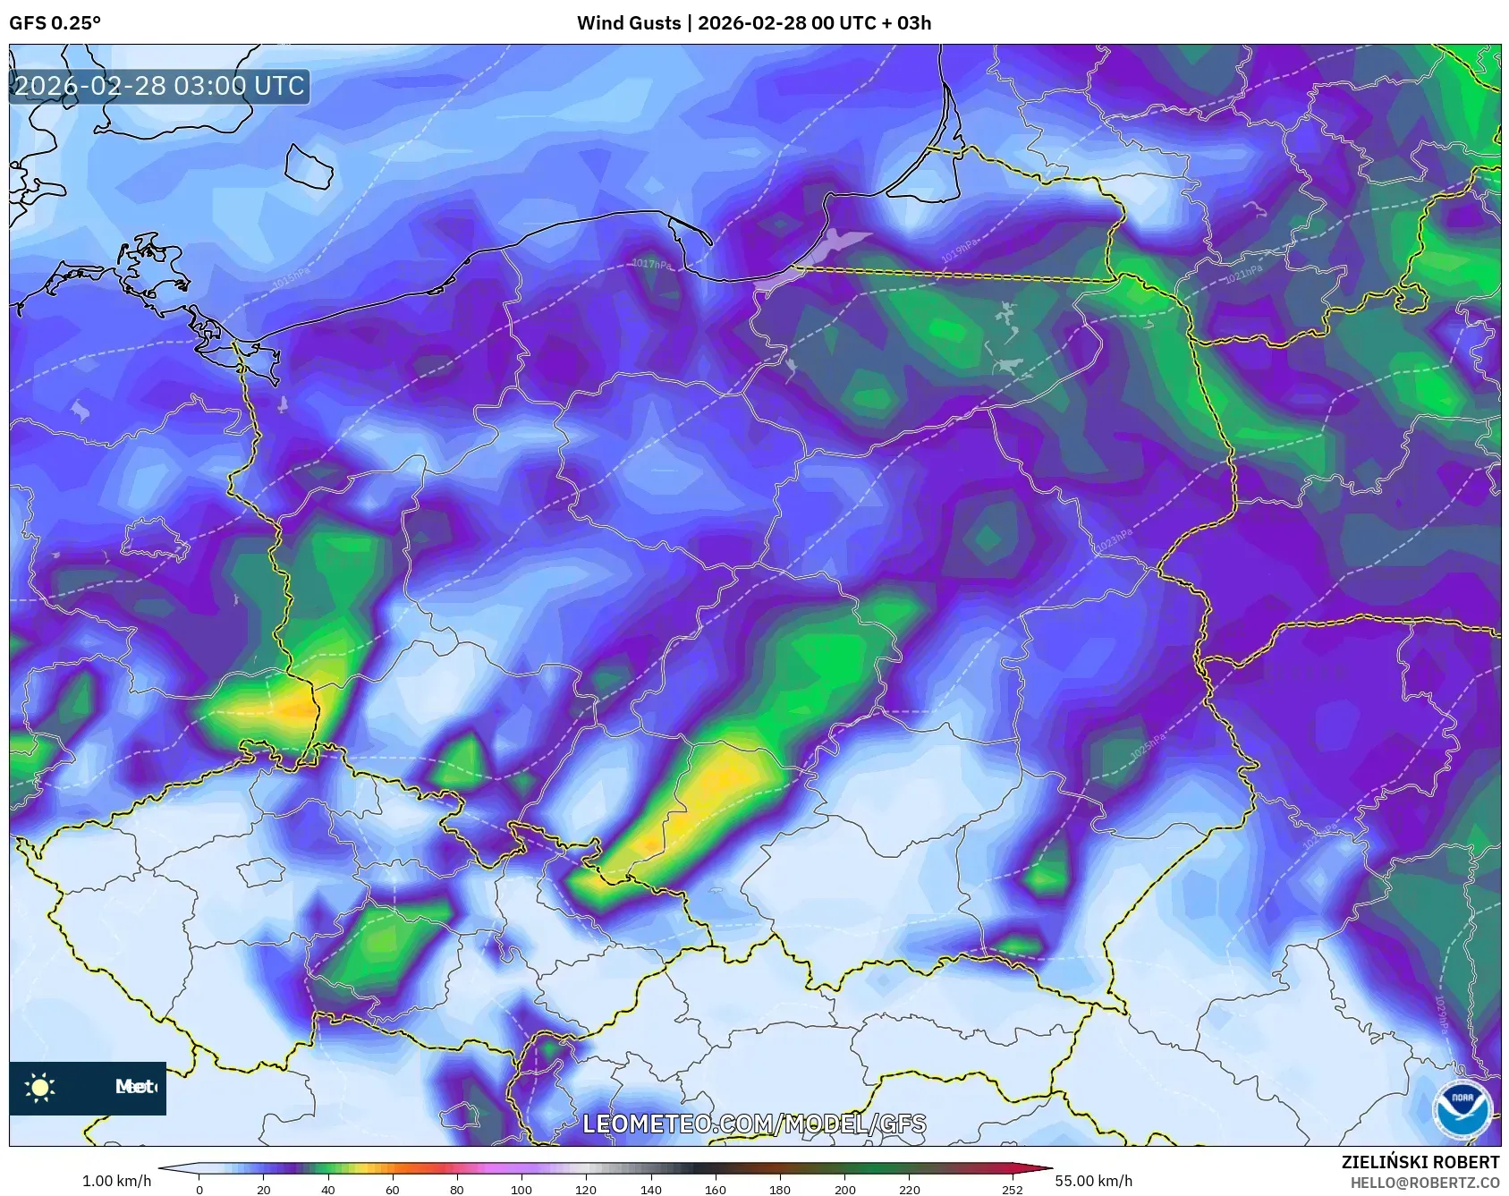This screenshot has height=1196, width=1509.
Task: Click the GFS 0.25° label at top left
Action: [x=55, y=23]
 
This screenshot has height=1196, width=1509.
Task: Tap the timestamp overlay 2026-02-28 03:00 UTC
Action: [x=159, y=86]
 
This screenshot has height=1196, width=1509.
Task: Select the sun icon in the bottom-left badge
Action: [x=40, y=1088]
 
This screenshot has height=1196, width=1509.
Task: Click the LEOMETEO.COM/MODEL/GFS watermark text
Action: [x=754, y=1124]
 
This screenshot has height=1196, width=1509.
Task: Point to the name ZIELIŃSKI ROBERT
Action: [x=1420, y=1162]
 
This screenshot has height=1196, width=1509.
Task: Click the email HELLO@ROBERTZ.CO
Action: [x=1424, y=1183]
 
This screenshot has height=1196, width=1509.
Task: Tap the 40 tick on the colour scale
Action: [x=328, y=1189]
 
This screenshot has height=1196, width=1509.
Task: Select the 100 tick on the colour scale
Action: [x=521, y=1189]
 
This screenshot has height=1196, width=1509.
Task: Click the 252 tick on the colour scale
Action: [x=1012, y=1189]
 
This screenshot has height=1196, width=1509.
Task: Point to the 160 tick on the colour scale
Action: [x=716, y=1189]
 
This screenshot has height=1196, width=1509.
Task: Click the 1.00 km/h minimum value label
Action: [x=116, y=1181]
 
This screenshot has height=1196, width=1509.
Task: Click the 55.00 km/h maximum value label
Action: [x=1093, y=1181]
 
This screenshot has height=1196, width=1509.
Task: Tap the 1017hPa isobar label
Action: [x=650, y=264]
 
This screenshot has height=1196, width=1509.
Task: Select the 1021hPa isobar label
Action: [x=1243, y=274]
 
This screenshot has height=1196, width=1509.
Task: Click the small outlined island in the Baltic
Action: [x=309, y=166]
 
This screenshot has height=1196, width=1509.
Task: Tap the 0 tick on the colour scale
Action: [x=199, y=1189]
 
